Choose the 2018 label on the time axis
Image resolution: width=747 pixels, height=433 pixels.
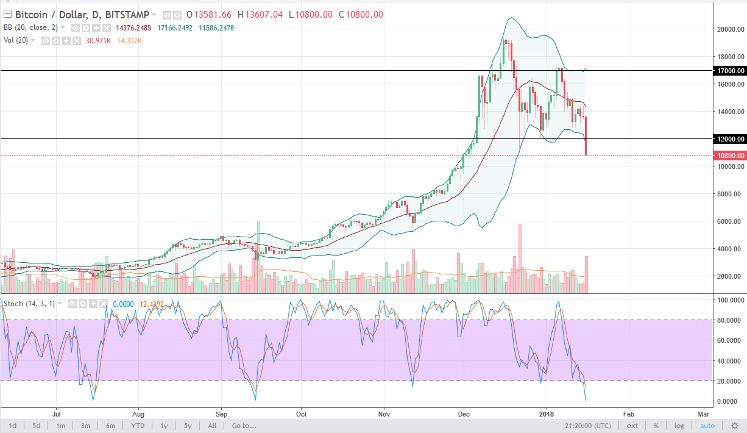[547, 412]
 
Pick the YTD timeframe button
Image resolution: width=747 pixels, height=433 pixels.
[138, 426]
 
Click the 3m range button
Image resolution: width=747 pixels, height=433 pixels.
[85, 426]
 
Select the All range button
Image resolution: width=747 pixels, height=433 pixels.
[212, 426]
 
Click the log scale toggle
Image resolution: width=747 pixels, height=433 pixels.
[679, 426]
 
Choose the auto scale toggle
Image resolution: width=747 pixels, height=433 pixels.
[707, 426]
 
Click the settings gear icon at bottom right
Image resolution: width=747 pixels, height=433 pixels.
[735, 426]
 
